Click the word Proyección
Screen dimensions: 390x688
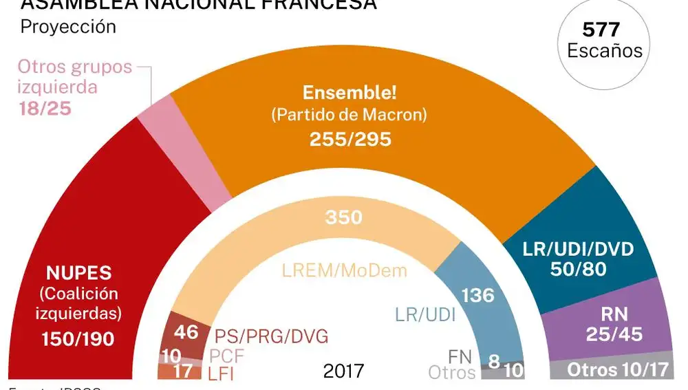[68, 27]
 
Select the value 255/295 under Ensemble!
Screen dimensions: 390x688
[350, 140]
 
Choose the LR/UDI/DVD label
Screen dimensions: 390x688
[579, 249]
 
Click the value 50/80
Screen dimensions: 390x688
[579, 269]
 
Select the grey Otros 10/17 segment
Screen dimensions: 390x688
[617, 370]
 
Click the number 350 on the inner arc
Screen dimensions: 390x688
[343, 217]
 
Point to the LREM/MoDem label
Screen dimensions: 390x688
[344, 270]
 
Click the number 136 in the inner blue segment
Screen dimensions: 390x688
[477, 295]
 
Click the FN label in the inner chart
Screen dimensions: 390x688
[460, 356]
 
